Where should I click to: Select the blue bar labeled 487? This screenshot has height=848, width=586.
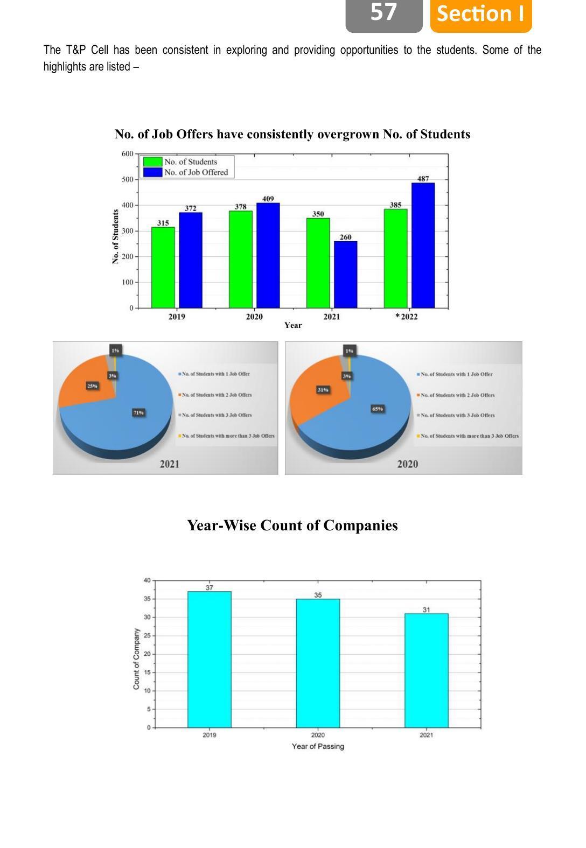[x=423, y=246]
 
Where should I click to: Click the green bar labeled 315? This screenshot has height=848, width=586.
[x=163, y=267]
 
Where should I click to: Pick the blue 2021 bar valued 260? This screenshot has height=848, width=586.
[x=345, y=275]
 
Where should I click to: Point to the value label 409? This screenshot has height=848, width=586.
[x=268, y=199]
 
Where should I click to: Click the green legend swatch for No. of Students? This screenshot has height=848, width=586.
[x=152, y=162]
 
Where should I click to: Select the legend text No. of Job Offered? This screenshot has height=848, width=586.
[x=196, y=172]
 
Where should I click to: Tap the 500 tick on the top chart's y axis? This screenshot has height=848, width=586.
[x=127, y=179]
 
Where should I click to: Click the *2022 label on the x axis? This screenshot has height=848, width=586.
[x=407, y=317]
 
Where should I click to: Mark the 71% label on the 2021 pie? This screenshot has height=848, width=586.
[x=138, y=412]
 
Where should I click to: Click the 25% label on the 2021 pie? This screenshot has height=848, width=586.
[x=93, y=386]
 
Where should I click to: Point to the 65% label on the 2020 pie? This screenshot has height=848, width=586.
[x=377, y=409]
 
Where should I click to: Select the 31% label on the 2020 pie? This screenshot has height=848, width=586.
[x=323, y=390]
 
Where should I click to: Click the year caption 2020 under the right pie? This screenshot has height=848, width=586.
[x=407, y=464]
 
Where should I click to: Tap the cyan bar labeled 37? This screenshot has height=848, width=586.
[x=209, y=659]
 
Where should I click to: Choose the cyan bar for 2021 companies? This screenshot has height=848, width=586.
[x=426, y=670]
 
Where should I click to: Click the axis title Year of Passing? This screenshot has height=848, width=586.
[x=318, y=746]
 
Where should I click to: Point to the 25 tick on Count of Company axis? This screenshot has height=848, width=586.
[x=147, y=636]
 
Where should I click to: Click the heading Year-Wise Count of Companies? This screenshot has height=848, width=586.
[x=292, y=525]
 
